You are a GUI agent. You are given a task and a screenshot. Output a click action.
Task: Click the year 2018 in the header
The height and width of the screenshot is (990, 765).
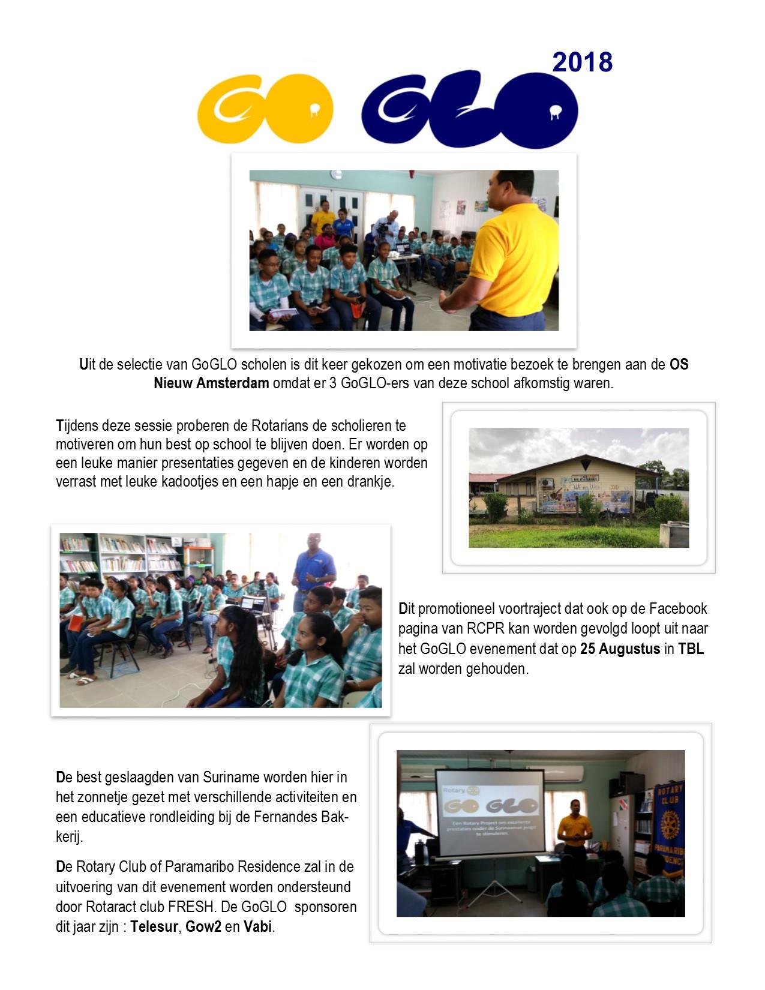tap(582, 62)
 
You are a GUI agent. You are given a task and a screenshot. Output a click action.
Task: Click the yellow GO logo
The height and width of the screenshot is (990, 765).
tap(265, 108)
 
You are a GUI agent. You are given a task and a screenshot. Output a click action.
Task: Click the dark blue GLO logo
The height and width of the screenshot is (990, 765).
tap(470, 110)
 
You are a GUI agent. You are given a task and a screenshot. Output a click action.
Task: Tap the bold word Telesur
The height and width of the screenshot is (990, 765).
tap(154, 927)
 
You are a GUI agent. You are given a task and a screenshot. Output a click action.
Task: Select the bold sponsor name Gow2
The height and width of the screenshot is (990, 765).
tap(203, 927)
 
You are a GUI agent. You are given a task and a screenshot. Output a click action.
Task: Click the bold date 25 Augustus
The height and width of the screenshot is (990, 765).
tap(620, 649)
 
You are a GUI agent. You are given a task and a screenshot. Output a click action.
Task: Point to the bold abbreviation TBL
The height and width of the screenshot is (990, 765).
tap(691, 649)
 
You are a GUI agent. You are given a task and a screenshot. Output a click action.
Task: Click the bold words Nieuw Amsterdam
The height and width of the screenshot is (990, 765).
tap(211, 383)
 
